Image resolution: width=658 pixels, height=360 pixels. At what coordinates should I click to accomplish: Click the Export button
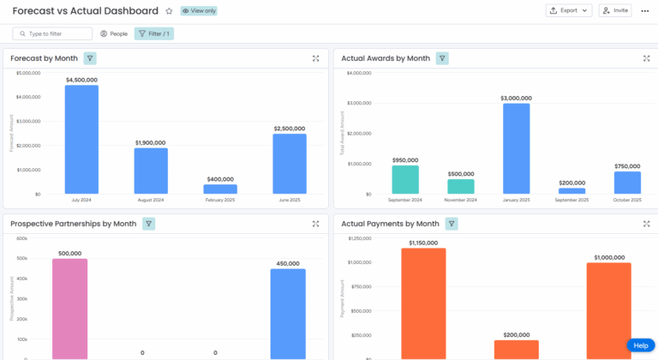click(569, 10)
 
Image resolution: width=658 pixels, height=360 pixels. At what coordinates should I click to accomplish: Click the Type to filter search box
click(52, 33)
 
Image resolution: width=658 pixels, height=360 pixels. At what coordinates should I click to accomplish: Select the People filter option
click(113, 33)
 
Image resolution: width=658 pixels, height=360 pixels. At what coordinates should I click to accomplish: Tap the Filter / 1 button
click(153, 33)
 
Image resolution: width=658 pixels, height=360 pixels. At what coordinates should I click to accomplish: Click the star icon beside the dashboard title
click(169, 11)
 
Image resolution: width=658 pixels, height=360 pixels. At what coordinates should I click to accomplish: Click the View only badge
click(198, 11)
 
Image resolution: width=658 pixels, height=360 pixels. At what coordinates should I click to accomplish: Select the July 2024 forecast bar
click(81, 139)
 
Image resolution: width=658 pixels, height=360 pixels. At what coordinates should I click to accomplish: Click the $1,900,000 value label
click(150, 142)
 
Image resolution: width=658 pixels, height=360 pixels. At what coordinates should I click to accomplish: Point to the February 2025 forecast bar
click(220, 189)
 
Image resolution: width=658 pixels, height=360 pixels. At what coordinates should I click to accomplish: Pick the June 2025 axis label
click(289, 200)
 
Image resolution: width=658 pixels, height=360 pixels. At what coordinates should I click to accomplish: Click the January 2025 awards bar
click(516, 147)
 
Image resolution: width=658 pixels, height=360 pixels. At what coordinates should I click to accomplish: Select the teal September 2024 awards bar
click(405, 179)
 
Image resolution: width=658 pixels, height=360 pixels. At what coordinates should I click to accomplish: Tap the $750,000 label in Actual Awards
click(627, 166)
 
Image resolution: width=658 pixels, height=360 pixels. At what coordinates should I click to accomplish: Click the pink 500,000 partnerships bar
click(69, 309)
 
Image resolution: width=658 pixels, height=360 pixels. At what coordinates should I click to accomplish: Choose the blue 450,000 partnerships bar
click(288, 314)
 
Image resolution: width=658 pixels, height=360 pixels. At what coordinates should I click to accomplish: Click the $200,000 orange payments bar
click(517, 349)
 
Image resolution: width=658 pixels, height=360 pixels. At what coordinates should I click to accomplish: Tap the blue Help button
click(640, 345)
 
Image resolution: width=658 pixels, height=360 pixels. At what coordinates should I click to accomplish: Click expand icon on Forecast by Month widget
click(316, 58)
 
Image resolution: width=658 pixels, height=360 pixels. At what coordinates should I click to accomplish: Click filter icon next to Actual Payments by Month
click(452, 224)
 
